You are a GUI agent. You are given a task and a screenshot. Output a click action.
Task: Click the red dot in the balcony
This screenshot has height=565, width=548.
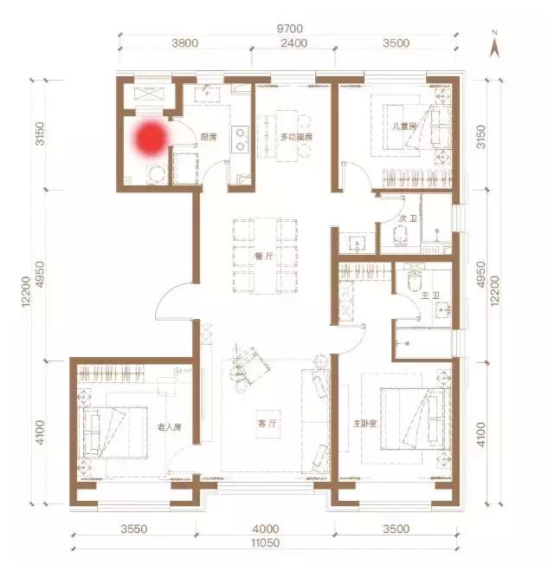pyautogui.click(x=151, y=138)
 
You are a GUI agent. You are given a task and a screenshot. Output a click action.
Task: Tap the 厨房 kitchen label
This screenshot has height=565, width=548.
pyautogui.click(x=209, y=137)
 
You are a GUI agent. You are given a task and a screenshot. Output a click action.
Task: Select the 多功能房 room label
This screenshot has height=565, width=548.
pyautogui.click(x=296, y=137)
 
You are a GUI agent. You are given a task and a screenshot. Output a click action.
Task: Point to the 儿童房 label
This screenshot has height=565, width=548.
pyautogui.click(x=404, y=126)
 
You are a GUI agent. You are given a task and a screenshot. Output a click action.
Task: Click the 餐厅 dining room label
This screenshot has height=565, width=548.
pyautogui.click(x=264, y=257)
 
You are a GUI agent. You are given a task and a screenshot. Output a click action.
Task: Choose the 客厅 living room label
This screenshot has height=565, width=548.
pyautogui.click(x=268, y=423)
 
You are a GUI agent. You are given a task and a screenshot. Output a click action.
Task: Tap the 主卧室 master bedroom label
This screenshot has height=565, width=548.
pyautogui.click(x=364, y=423)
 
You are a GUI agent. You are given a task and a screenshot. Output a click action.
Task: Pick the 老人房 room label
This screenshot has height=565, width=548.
pyautogui.click(x=169, y=427)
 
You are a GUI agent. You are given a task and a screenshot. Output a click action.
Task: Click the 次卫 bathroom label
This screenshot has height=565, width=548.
pyautogui.click(x=408, y=218)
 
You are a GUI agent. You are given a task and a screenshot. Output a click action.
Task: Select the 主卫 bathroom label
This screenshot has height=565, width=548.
pyautogui.click(x=430, y=295)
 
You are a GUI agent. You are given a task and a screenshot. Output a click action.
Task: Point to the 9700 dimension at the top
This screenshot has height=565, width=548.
pyautogui.click(x=289, y=29)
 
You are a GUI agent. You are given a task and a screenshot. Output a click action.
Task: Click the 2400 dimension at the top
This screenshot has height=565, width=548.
pyautogui.click(x=293, y=43)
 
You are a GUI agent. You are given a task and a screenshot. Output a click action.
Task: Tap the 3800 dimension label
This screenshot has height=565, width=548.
pyautogui.click(x=184, y=43)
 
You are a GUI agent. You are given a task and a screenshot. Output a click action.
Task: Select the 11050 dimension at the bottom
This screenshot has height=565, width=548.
pyautogui.click(x=266, y=542)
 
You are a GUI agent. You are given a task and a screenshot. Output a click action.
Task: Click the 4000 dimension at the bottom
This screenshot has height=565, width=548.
pyautogui.click(x=266, y=529)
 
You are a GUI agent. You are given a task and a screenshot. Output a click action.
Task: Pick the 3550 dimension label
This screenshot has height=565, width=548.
pyautogui.click(x=133, y=529)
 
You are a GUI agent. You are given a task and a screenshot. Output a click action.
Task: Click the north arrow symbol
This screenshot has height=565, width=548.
pyautogui.click(x=494, y=45)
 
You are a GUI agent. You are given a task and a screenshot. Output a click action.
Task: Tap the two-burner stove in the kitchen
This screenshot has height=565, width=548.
pyautogui.click(x=240, y=140)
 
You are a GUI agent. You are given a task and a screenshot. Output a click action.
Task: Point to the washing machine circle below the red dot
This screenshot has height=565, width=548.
pyautogui.click(x=156, y=174)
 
